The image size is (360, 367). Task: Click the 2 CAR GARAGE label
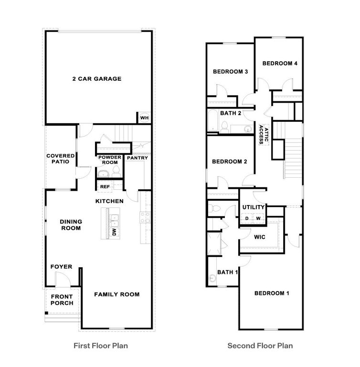(x=96, y=79)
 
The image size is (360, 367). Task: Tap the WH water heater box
(x=144, y=118)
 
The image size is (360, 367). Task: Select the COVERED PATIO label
(x=61, y=159)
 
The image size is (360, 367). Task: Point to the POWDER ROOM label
(x=109, y=160)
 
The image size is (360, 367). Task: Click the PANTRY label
(x=138, y=158)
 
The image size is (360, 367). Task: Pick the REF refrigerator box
(x=105, y=187)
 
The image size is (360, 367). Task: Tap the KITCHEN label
(x=109, y=201)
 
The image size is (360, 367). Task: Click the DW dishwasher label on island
(x=114, y=232)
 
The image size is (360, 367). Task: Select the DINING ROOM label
(x=71, y=225)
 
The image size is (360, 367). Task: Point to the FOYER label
(x=62, y=267)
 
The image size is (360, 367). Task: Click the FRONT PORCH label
(x=62, y=300)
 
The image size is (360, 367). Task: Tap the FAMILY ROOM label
(x=116, y=294)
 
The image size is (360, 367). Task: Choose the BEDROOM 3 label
(x=230, y=72)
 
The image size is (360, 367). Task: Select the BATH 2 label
(x=230, y=113)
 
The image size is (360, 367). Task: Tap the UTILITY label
(x=253, y=207)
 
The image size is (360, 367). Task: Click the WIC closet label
(x=260, y=237)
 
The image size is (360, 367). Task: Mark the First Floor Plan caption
(x=100, y=345)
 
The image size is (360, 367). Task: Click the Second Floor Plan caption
(x=260, y=345)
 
